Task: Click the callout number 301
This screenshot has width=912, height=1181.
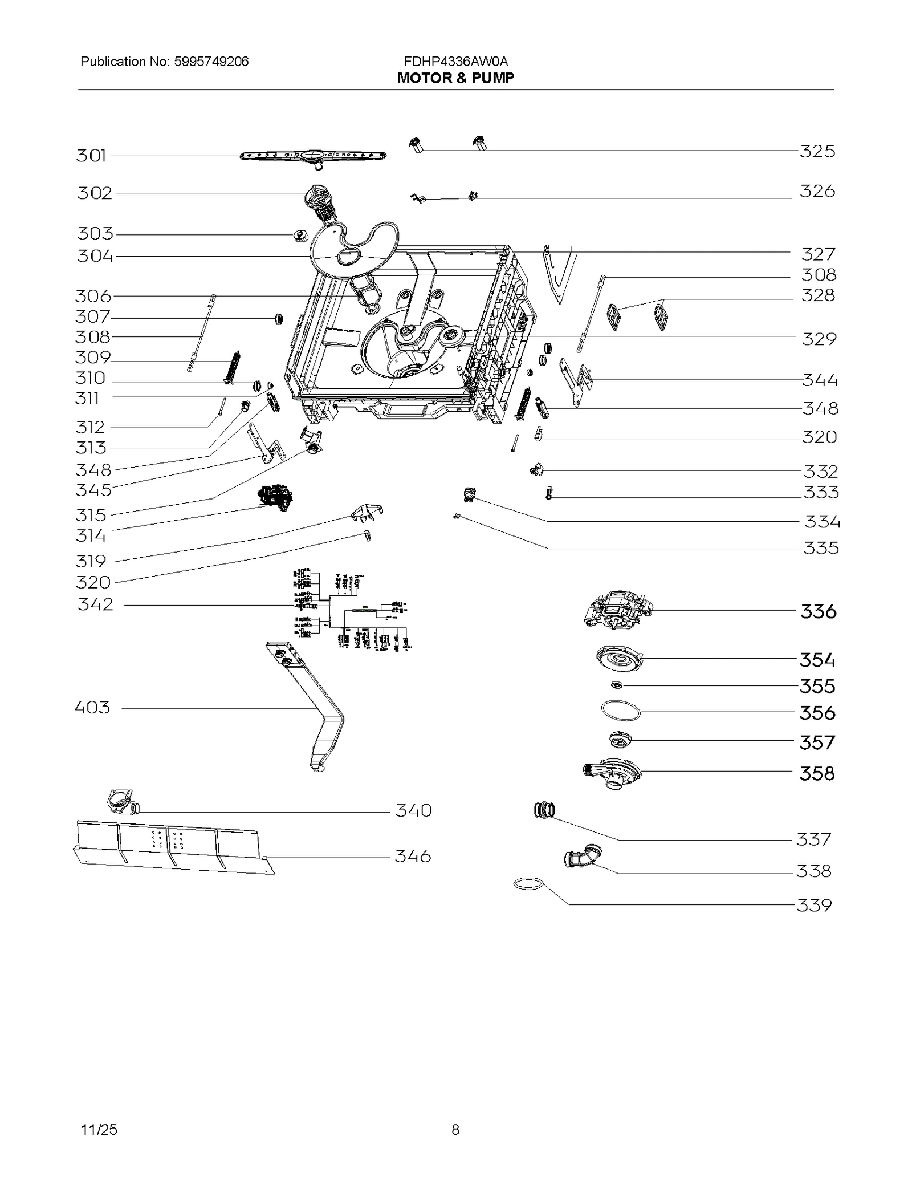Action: [91, 155]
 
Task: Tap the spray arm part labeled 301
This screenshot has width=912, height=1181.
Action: [312, 156]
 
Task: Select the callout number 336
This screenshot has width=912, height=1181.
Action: [818, 612]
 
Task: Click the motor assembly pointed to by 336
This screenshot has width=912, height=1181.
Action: [618, 610]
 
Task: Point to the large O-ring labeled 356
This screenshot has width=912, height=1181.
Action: [621, 711]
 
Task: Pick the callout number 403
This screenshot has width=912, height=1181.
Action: [92, 708]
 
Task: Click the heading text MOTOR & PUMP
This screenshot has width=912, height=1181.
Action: [455, 78]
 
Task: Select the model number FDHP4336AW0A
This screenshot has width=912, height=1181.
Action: [455, 62]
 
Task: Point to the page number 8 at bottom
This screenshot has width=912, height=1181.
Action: [455, 1130]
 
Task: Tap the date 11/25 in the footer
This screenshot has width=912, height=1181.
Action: [99, 1130]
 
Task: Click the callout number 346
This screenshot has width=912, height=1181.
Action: [413, 856]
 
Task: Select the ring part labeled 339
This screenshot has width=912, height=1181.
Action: [528, 884]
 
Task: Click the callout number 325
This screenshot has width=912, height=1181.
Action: [817, 151]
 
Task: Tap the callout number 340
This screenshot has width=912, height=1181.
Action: [413, 810]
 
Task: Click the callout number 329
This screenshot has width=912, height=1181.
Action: [819, 339]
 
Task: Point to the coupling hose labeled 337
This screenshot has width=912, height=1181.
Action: [544, 809]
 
